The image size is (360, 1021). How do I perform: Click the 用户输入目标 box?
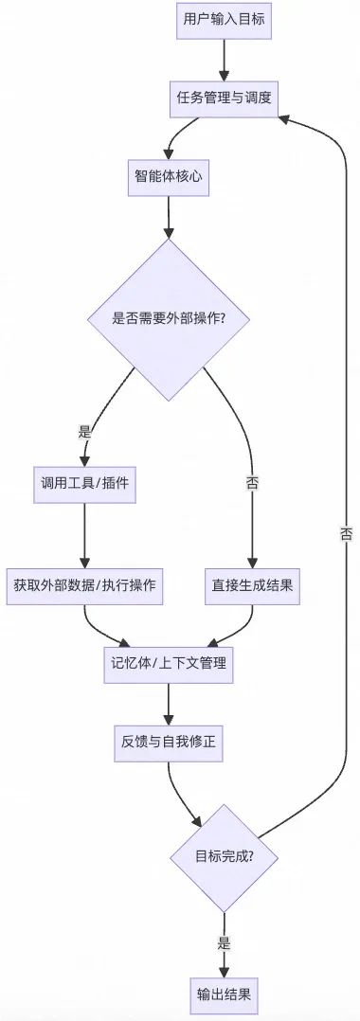(225, 22)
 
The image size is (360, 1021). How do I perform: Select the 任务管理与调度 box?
(225, 98)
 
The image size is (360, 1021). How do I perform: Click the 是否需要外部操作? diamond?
(169, 318)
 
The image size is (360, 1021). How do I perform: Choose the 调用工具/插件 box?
(84, 483)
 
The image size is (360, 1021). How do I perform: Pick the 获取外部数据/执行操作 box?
(84, 584)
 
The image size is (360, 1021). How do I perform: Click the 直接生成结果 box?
(252, 584)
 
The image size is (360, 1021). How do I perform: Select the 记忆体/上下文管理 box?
(169, 663)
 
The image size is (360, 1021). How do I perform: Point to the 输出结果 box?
(225, 994)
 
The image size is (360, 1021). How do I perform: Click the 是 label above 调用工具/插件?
(84, 431)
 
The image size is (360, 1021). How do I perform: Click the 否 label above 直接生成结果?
(252, 483)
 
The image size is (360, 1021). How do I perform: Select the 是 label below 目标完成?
(225, 942)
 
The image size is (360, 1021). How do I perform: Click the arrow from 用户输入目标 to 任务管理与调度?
(225, 60)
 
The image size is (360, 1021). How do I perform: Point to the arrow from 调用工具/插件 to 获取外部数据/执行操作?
(84, 533)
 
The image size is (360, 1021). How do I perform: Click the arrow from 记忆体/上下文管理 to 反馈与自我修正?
(169, 702)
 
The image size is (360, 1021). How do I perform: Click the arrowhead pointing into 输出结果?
(225, 970)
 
